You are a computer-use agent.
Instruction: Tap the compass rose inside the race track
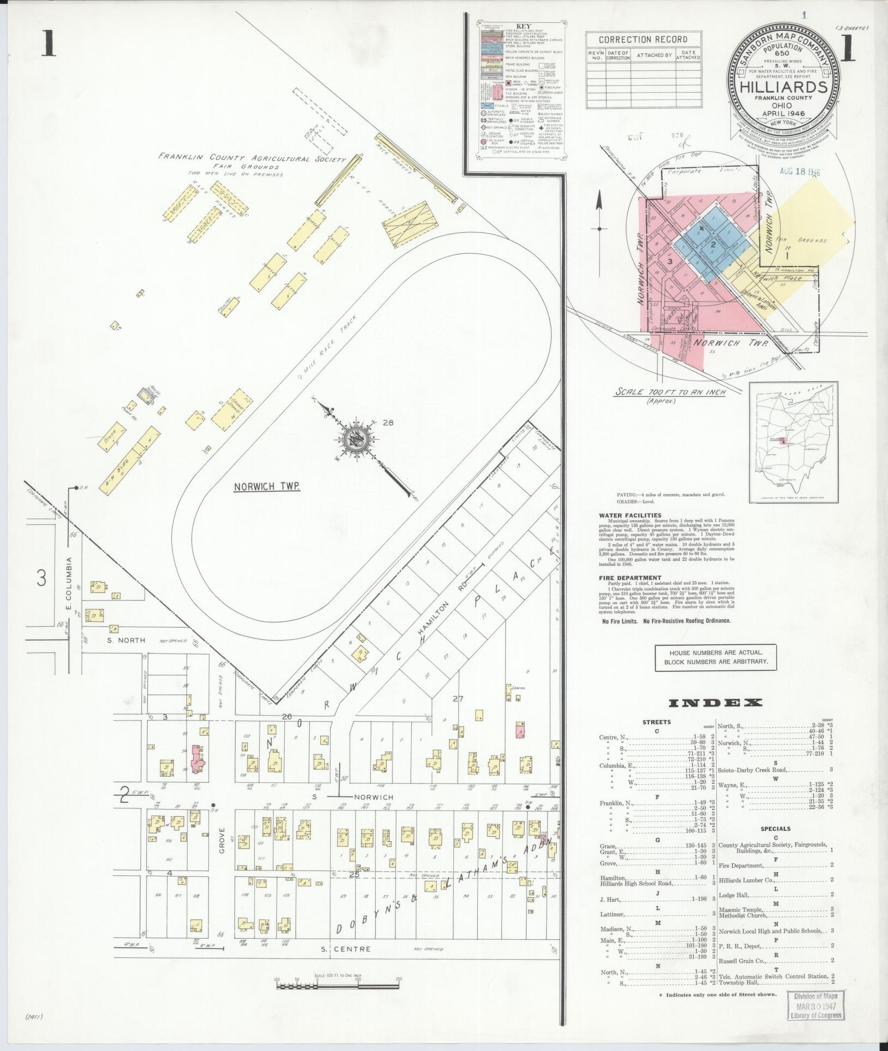coord(357,435)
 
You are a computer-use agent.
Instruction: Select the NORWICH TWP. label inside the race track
coord(267,487)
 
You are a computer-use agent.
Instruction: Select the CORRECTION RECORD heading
coord(643,40)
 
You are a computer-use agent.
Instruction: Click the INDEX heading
coord(711,702)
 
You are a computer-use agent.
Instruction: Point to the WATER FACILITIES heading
coord(630,515)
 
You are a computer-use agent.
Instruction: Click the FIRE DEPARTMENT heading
coord(630,578)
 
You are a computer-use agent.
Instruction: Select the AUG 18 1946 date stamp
coord(796,172)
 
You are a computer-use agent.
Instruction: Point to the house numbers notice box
coord(716,657)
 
